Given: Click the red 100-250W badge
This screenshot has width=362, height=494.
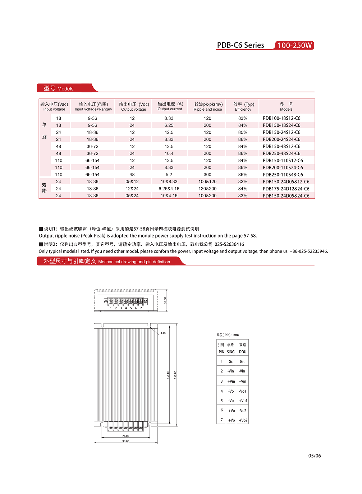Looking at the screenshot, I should pos(294,45).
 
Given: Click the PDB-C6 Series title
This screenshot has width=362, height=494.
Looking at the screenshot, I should pos(240,45).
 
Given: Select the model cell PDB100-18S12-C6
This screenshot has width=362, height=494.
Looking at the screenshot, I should pos(281,118).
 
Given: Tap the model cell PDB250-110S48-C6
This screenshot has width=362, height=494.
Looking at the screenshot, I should pos(283,175).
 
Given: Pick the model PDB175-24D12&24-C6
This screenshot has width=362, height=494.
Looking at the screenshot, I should pos(286,189).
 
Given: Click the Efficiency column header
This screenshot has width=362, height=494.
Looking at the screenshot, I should pos(243,106).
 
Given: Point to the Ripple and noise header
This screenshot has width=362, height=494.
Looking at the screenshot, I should pos(208,106).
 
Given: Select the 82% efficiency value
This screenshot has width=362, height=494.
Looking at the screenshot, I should pos(243,182).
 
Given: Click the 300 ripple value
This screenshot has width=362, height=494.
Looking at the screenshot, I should pos(207,175).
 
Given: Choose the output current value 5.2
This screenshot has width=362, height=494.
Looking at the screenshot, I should pos(169,175).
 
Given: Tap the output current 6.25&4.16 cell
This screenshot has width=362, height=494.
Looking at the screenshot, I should pos(169,189).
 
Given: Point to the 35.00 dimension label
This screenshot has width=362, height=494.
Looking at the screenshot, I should pos(165,300).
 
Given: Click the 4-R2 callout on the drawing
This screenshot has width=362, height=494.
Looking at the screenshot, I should pos(163,333).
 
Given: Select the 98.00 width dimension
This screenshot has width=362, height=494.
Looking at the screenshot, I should pos(125,441).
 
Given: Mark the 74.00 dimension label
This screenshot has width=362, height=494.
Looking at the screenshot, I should pos(125,436).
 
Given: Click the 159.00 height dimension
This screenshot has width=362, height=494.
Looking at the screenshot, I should pos(175,375).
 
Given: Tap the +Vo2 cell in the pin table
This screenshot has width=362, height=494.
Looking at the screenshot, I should pos(243,420).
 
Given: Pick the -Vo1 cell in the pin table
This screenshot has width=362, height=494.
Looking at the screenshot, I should pos(243,391).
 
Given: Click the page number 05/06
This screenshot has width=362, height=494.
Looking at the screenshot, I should pos(315,456).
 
